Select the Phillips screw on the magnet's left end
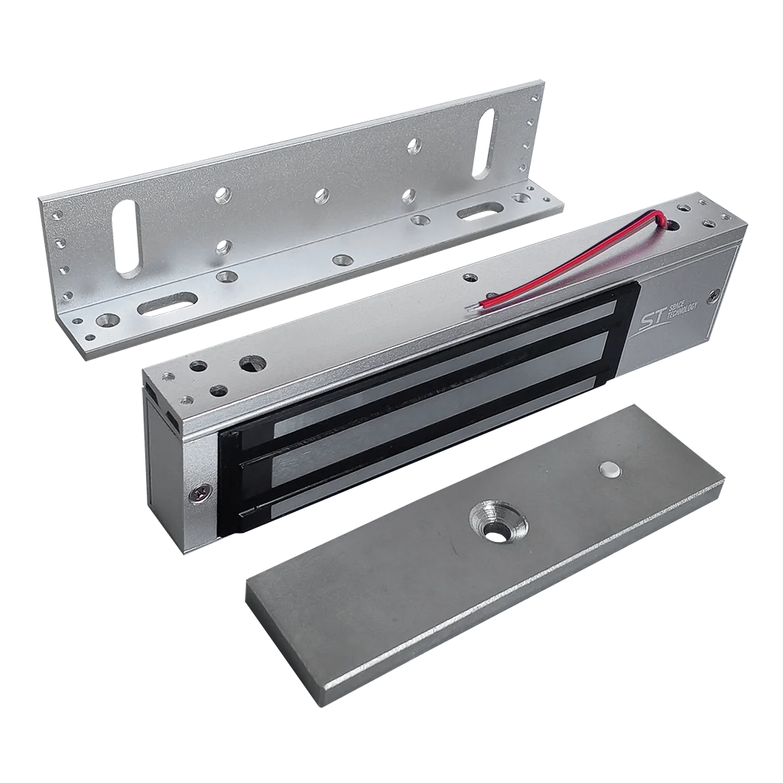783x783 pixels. [197, 495]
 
